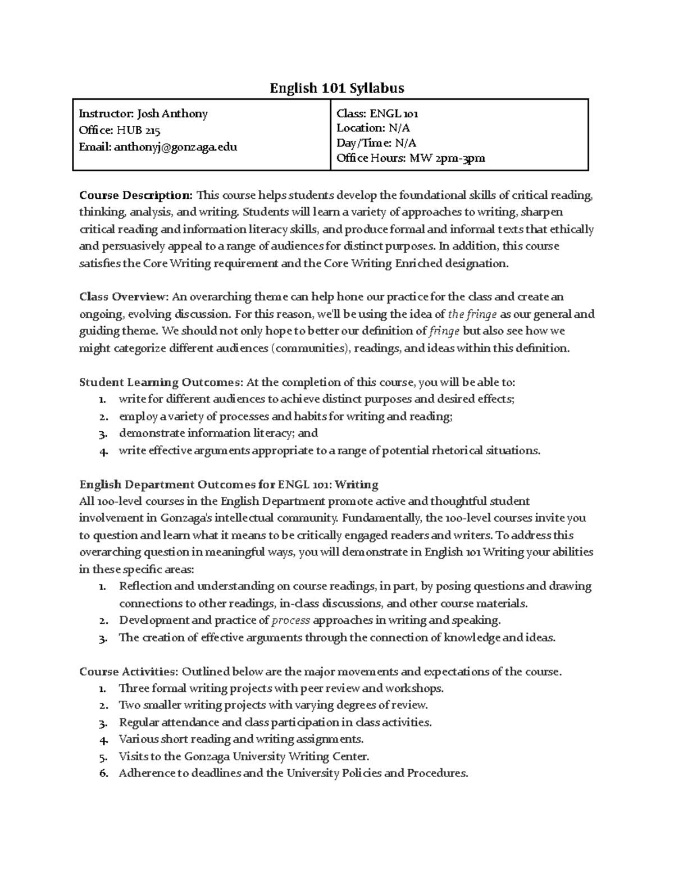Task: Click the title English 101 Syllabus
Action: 336,88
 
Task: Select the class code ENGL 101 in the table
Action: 394,114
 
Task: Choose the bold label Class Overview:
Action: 124,296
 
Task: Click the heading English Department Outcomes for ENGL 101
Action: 229,484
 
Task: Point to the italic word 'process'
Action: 290,620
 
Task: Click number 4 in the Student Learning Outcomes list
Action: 102,451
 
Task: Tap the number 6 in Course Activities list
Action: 102,774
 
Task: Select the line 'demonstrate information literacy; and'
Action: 218,433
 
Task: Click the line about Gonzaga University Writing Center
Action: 244,756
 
